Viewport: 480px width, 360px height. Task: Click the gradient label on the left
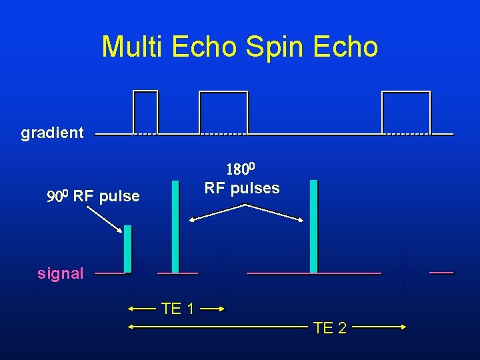(x=53, y=133)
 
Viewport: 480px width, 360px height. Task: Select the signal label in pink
(x=61, y=273)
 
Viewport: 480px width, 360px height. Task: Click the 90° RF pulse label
(x=93, y=196)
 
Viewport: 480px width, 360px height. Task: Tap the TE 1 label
(x=177, y=309)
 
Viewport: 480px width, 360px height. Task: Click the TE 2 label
(x=329, y=327)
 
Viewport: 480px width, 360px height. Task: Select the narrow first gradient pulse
(x=146, y=111)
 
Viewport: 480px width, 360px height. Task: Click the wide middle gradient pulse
(x=223, y=112)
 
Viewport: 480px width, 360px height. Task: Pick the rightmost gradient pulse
(x=406, y=112)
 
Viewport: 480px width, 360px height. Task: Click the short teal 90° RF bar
(x=127, y=249)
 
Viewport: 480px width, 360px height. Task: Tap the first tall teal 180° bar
(x=175, y=227)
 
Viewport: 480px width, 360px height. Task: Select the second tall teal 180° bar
(x=313, y=227)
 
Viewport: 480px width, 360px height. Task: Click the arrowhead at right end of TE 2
(x=403, y=327)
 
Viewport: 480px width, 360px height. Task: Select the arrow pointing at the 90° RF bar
(x=105, y=219)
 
